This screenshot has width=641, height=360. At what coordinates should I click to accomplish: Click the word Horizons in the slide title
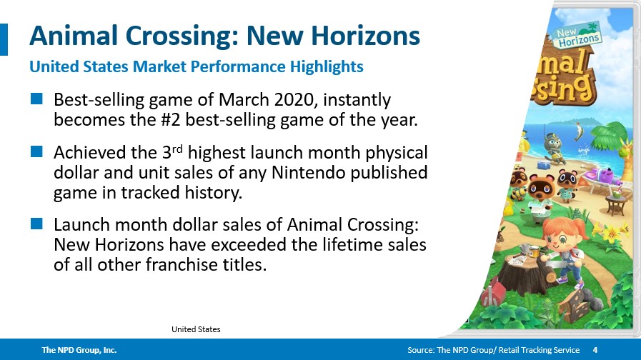tap(365, 36)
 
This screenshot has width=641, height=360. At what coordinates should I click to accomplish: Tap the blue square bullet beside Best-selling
tap(36, 99)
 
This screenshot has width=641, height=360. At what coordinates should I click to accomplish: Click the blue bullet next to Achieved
tap(36, 151)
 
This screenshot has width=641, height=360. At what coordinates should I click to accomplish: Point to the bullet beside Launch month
tap(36, 224)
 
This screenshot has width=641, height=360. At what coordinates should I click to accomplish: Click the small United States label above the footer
tap(196, 329)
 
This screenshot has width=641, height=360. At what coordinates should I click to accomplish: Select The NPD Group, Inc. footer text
tap(79, 350)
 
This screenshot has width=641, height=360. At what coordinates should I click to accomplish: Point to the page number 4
tap(595, 350)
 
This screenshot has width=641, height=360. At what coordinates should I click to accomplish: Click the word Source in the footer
tap(420, 350)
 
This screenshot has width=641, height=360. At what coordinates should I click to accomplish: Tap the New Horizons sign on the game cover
tap(577, 35)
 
